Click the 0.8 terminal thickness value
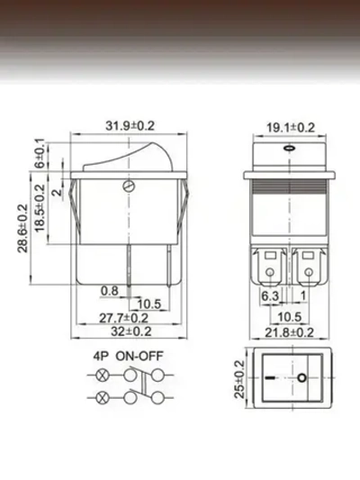click(x=110, y=291)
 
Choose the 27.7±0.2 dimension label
click(x=122, y=318)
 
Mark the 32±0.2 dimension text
click(x=125, y=331)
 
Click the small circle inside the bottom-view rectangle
click(x=301, y=378)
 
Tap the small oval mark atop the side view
click(x=287, y=145)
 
